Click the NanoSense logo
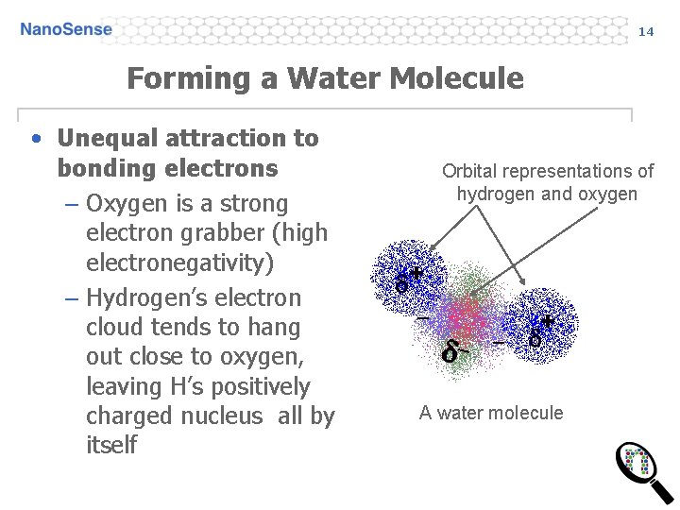(x=66, y=29)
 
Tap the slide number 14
(x=646, y=31)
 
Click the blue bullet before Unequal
(x=35, y=139)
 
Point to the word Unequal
(x=107, y=138)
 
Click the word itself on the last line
(x=111, y=445)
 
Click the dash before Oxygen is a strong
(x=71, y=205)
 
